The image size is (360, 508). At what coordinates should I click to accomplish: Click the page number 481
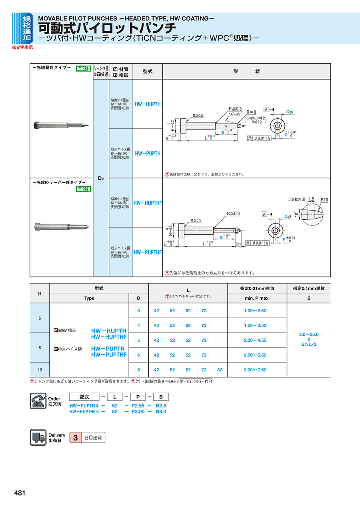click(20, 493)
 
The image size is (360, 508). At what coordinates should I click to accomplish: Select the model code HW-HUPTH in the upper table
click(148, 104)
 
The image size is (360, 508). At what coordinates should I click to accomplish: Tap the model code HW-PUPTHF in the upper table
click(148, 252)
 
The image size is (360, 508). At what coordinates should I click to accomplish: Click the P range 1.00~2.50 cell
click(255, 311)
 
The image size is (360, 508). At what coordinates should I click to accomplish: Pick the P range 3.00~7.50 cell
click(255, 370)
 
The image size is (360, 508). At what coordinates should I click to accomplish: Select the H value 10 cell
click(40, 370)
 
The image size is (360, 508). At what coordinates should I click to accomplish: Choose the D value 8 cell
click(138, 370)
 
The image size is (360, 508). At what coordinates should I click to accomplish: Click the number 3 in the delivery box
click(75, 438)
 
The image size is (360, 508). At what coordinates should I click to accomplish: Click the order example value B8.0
click(161, 411)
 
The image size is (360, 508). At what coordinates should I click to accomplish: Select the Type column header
click(89, 298)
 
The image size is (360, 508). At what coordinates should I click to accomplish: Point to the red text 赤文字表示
click(22, 48)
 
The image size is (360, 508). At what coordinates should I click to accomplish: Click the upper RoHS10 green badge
click(84, 69)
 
